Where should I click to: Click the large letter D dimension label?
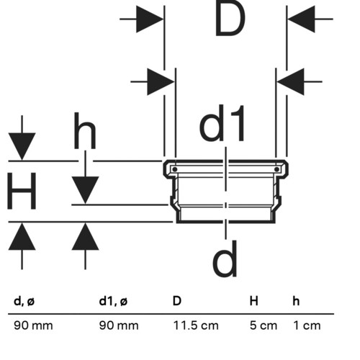point(230,20)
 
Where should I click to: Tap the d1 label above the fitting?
point(222,124)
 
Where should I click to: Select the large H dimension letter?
point(22,191)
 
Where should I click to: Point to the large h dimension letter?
point(85,131)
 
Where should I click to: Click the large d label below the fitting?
point(225,258)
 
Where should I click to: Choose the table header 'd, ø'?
point(24,301)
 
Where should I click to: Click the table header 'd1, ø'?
point(113,301)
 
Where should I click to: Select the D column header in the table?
point(177,301)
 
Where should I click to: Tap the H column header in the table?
point(254,301)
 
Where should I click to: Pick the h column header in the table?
point(296,301)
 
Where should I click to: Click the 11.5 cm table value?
point(196,325)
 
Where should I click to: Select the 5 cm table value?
point(264,325)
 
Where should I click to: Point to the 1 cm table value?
point(307,325)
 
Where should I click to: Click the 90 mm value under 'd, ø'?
point(33,325)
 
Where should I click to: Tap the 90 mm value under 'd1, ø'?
point(119,325)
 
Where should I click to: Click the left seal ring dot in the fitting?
point(175,169)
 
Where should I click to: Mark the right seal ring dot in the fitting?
point(276,169)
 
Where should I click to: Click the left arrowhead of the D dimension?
point(150,19)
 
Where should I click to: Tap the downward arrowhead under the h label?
point(85,190)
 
